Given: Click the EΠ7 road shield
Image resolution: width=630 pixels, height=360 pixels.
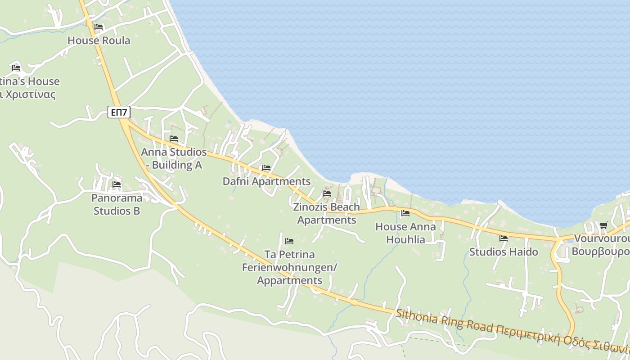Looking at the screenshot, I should point(119,112).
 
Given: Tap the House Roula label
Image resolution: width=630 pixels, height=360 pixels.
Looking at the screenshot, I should point(99,40).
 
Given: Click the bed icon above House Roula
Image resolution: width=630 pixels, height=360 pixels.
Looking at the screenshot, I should point(99,27).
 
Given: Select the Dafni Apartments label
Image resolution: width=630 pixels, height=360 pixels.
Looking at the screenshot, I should point(266,181).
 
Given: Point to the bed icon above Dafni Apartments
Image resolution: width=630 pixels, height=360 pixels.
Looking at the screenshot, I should point(266,168).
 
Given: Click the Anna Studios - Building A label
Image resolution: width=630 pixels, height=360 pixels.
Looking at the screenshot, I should point(174,158).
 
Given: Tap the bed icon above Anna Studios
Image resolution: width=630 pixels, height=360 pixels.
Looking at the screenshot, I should point(174,139).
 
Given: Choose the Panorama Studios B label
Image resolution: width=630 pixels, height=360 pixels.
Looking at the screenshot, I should point(117,204).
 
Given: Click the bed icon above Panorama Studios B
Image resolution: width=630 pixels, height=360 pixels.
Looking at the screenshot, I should point(117,184).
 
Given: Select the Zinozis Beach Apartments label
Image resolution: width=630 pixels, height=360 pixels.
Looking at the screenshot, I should point(327,213).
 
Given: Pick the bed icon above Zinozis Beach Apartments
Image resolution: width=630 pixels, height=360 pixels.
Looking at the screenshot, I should point(327,193).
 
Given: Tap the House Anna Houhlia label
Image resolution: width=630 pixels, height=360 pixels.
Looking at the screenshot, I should point(405,233).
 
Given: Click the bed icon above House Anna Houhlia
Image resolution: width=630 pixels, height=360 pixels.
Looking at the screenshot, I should point(405,213).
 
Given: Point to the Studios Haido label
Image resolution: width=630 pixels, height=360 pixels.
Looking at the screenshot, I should point(504,252).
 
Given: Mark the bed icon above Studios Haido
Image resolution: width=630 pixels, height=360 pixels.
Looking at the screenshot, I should point(504,238).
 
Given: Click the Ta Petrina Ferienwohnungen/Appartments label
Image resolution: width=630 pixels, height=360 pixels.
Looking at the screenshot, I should point(289,267).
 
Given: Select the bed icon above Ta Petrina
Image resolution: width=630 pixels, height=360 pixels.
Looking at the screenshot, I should point(289,241).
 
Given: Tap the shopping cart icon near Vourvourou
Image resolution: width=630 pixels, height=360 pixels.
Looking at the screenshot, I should point(603,225).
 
